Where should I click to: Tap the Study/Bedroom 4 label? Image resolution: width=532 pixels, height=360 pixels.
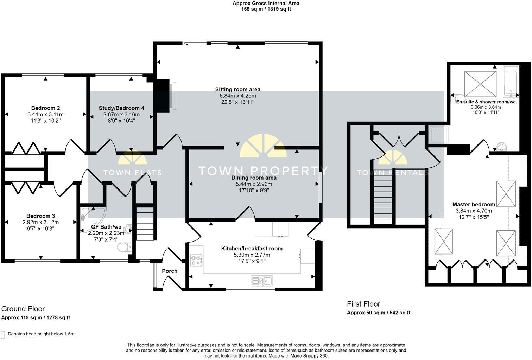click(121, 108)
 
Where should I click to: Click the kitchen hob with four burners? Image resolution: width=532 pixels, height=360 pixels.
click(196, 261)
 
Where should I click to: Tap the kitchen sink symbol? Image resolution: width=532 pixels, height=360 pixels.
click(261, 281)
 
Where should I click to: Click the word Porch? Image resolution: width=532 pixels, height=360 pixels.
click(170, 271)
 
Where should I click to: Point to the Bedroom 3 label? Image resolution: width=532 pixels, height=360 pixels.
click(40, 216)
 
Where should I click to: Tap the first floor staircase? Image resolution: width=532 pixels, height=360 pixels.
click(382, 197)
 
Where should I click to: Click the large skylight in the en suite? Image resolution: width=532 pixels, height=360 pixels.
click(480, 84)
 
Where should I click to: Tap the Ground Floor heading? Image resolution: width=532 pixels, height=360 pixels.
click(23, 309)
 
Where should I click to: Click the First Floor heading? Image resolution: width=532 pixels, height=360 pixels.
click(363, 304)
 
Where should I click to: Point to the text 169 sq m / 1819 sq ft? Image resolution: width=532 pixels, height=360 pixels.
click(266, 9)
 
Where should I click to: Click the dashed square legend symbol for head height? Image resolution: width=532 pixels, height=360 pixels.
click(3, 334)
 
